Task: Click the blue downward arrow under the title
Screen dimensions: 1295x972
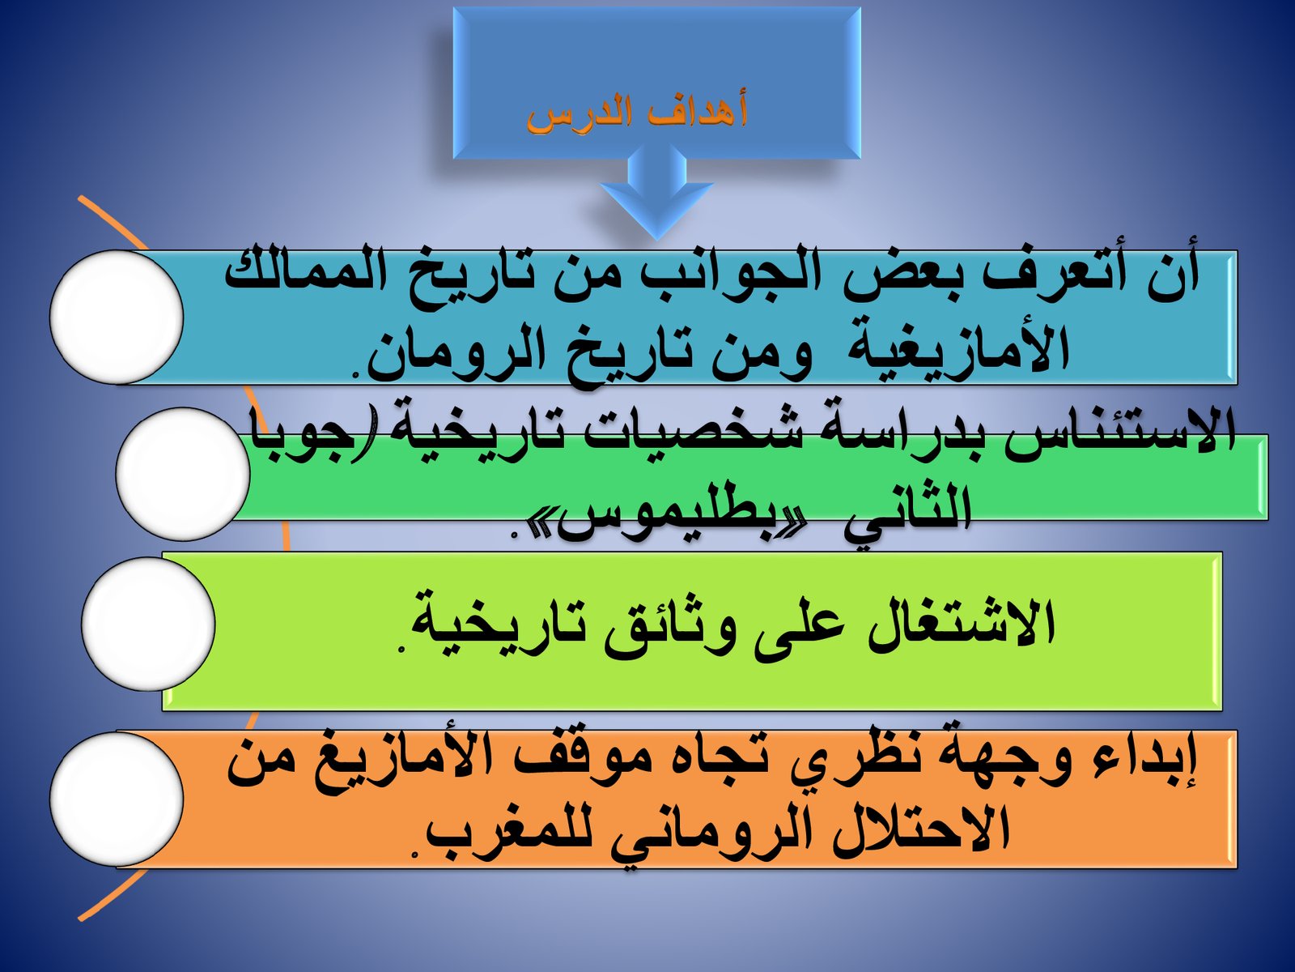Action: [656, 193]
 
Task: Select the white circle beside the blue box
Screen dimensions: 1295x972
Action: [117, 317]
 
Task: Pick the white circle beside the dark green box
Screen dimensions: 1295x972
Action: [182, 474]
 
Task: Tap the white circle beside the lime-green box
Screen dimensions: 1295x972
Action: [148, 624]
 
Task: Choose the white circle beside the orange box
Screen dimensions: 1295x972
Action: [117, 799]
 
